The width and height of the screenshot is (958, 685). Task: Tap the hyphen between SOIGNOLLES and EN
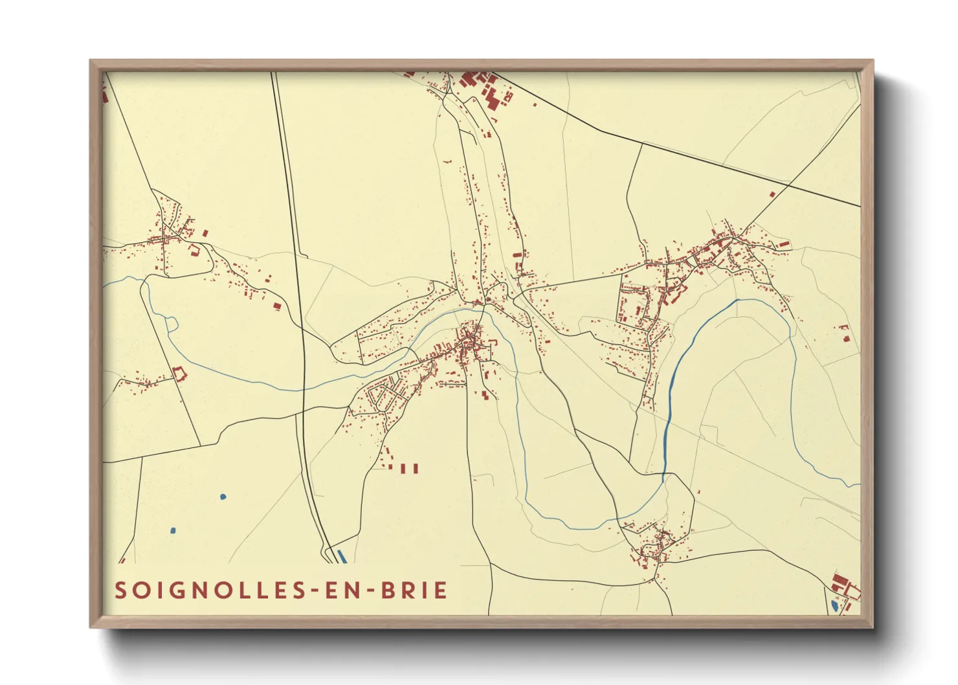click(309, 591)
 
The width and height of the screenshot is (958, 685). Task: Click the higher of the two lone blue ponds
click(223, 497)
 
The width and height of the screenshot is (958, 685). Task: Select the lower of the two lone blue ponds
click(173, 531)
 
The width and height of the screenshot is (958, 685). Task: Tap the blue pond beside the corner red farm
click(835, 605)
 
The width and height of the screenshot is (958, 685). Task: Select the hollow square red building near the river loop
click(179, 374)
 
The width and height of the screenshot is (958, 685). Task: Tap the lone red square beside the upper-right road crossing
click(772, 194)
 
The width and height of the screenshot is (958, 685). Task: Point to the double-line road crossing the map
click(300, 324)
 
